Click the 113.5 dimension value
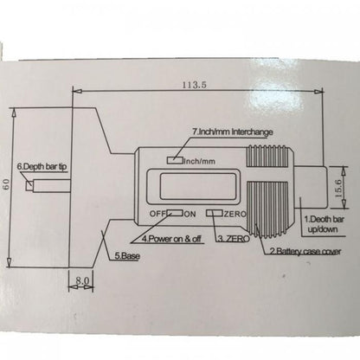click(x=194, y=85)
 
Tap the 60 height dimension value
click(x=7, y=184)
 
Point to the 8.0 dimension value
click(x=82, y=280)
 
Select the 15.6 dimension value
click(x=338, y=188)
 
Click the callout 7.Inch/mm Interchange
click(x=233, y=132)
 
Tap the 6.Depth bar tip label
click(x=42, y=166)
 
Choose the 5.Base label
click(x=127, y=255)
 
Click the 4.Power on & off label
click(x=171, y=239)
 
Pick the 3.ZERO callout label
click(x=234, y=239)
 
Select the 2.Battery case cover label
click(x=305, y=251)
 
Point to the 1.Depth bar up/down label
click(x=325, y=224)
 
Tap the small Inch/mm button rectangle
click(x=175, y=160)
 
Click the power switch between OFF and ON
click(x=175, y=213)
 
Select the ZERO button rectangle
click(x=215, y=213)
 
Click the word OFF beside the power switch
click(x=157, y=214)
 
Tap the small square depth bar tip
click(x=29, y=185)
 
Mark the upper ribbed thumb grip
click(x=267, y=156)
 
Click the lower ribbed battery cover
click(x=267, y=209)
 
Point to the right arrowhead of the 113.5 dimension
click(x=319, y=92)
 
